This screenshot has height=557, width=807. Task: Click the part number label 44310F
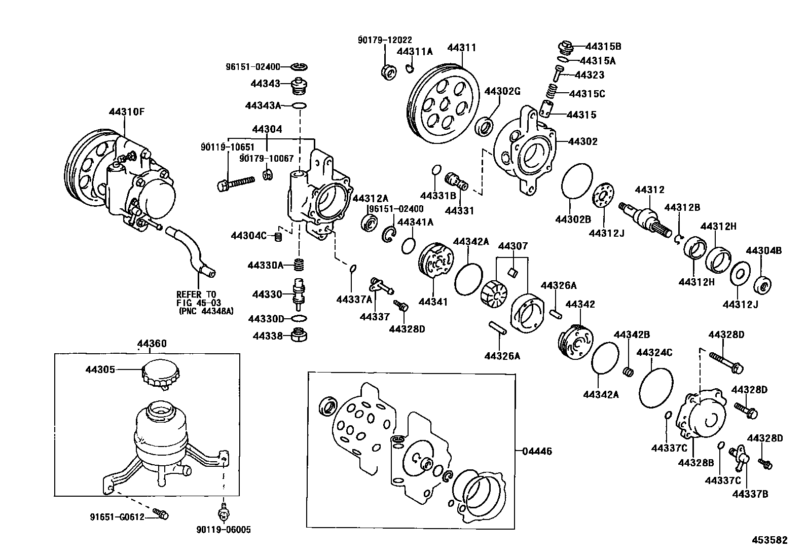point(126,112)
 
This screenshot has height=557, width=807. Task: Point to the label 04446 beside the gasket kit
point(537,451)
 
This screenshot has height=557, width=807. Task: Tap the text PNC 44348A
point(206,311)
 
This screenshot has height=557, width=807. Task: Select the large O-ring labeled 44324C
point(656,388)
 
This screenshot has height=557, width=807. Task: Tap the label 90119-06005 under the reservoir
point(223,530)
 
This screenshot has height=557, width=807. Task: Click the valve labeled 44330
point(299,294)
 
